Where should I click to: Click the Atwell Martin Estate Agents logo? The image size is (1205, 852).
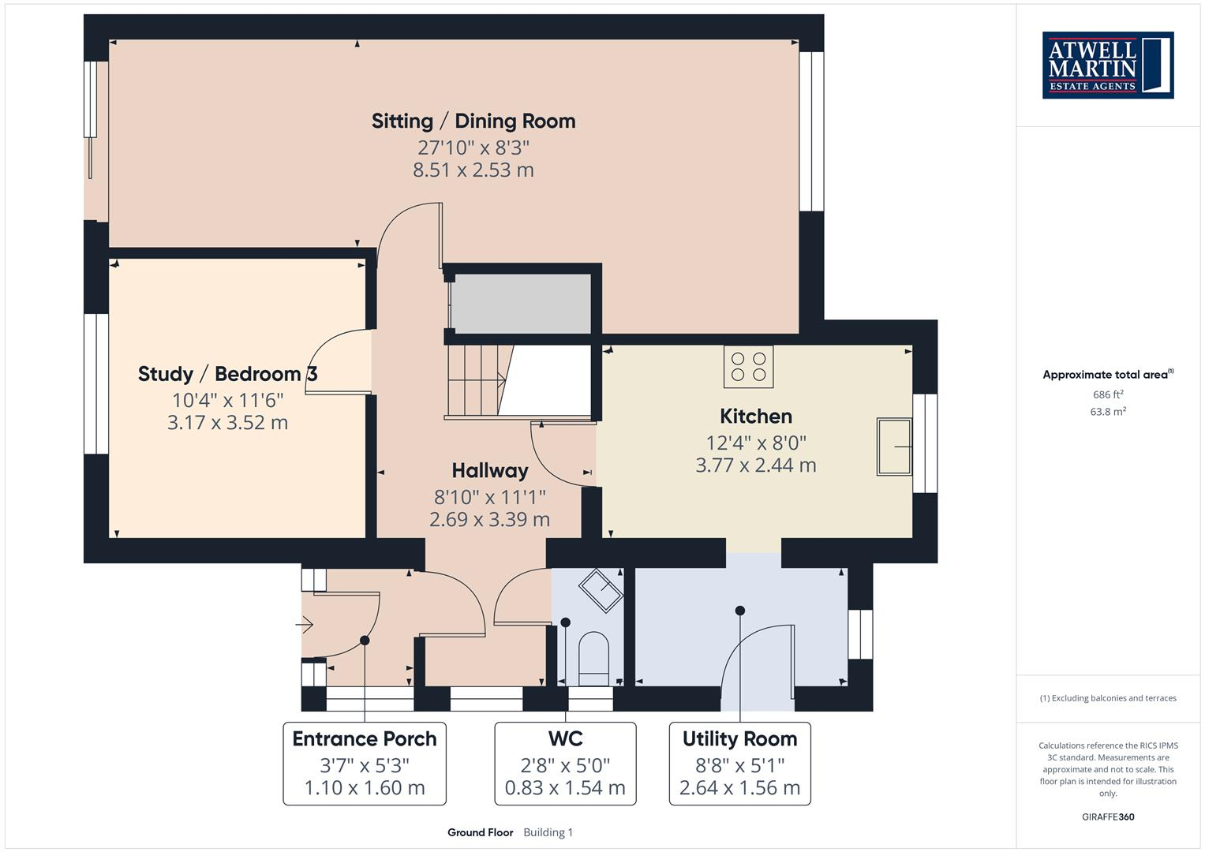click(x=1107, y=65)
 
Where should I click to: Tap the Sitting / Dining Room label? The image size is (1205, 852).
click(x=473, y=121)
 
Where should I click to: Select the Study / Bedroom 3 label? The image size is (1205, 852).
click(x=227, y=374)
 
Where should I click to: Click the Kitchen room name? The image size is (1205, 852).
click(x=755, y=417)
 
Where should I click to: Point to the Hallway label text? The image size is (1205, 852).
click(x=489, y=471)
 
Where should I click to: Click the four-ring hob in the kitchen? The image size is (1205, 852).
click(x=748, y=367)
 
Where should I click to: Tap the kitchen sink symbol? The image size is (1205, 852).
click(x=894, y=447)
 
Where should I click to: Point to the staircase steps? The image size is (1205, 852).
click(x=473, y=381)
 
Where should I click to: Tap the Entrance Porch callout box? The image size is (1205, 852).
click(x=365, y=763)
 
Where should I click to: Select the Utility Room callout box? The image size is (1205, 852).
click(x=739, y=763)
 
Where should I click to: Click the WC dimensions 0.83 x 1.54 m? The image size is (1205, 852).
click(x=565, y=787)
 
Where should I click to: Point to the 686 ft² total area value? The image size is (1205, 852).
click(x=1108, y=394)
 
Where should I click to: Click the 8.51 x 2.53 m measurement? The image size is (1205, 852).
click(x=473, y=170)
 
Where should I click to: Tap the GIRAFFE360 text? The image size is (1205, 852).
click(x=1107, y=816)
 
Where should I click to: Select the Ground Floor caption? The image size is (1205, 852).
click(x=480, y=832)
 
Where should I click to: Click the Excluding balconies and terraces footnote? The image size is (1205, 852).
click(x=1107, y=698)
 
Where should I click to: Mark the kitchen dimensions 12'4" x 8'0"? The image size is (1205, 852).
click(x=755, y=443)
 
